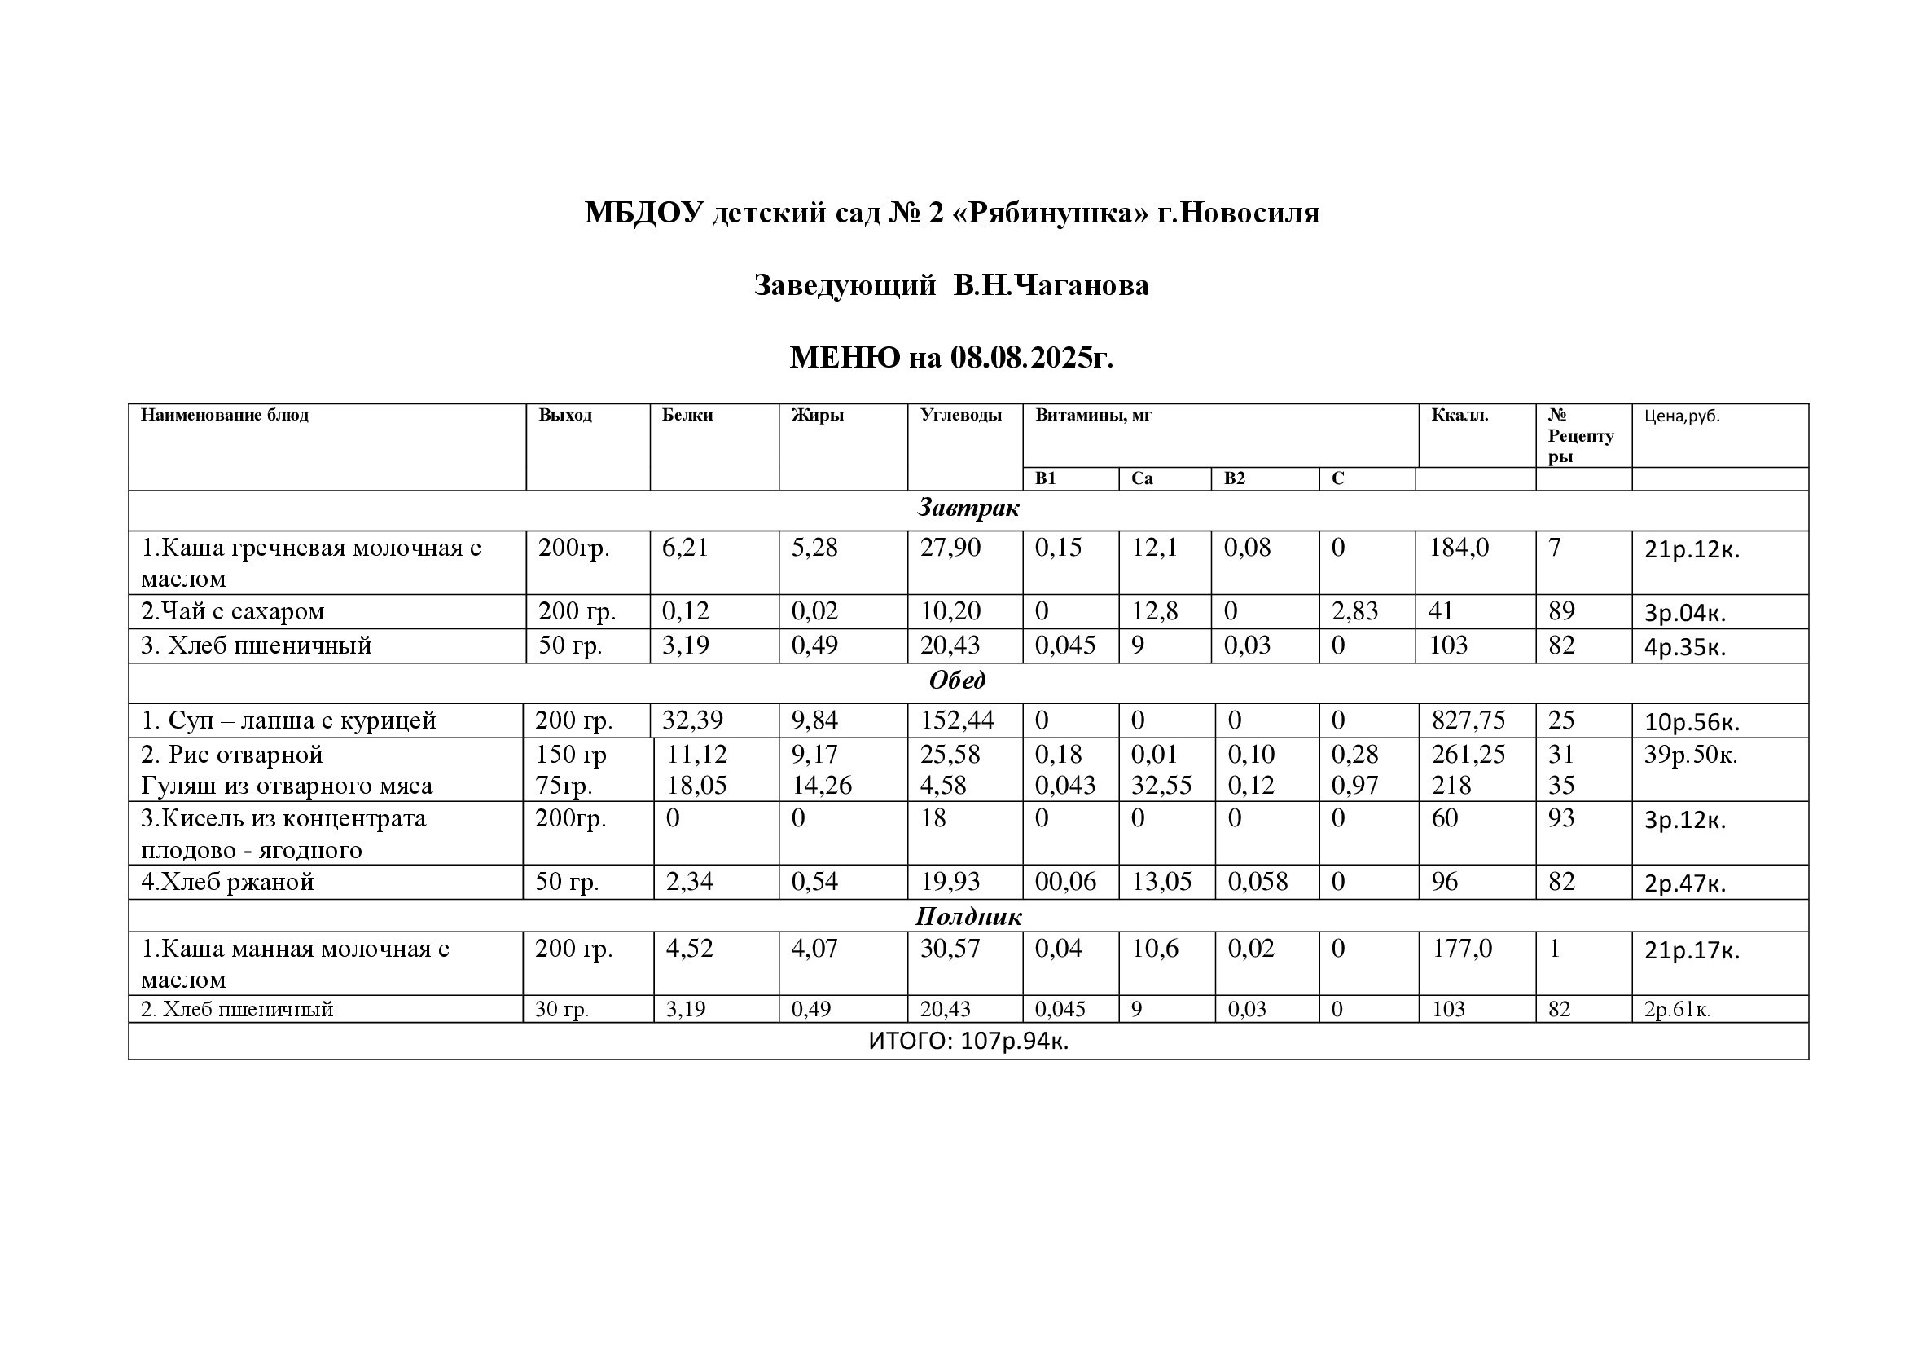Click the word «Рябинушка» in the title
[1053, 214]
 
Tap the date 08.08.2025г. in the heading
[1031, 358]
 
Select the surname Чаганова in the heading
[1082, 285]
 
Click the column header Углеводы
[960, 415]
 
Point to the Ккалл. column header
[1459, 415]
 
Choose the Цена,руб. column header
[1682, 416]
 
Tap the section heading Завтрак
[968, 508]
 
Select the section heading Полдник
[968, 916]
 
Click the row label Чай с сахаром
[233, 612]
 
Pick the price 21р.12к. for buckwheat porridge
[1691, 549]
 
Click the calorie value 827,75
[1468, 720]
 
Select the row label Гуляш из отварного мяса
[286, 785]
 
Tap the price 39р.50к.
[1690, 755]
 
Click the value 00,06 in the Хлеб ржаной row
[1064, 882]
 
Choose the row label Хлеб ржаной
[228, 882]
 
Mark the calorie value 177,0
[1461, 949]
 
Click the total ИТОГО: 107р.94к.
[968, 1041]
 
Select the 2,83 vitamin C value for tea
[1354, 612]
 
